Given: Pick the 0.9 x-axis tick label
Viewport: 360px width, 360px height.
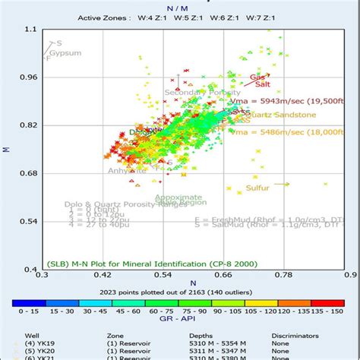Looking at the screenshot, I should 349,278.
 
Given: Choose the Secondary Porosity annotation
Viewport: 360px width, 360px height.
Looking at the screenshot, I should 197,93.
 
